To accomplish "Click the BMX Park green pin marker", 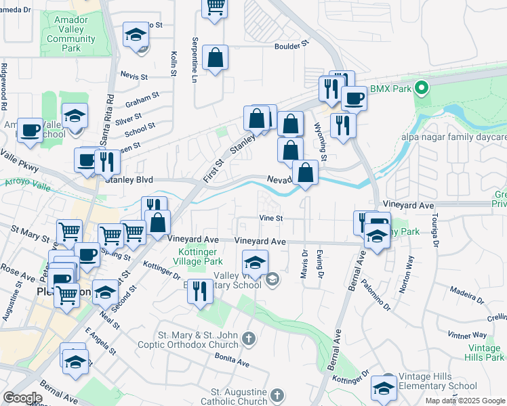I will click(421, 88).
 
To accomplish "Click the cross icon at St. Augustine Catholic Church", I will click(277, 396).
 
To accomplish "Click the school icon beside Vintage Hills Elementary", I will click(384, 388).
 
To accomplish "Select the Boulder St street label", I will click(291, 45).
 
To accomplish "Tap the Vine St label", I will click(270, 218).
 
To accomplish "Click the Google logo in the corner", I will click(22, 397).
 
